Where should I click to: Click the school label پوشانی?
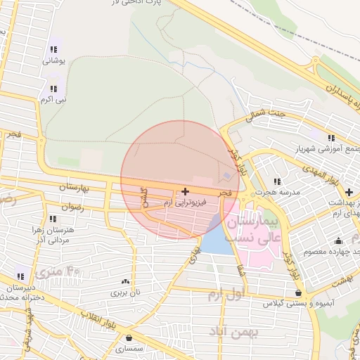click(55, 61)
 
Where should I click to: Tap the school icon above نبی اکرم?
click(53, 89)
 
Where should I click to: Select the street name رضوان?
click(72, 207)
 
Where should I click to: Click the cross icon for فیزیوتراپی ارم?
click(185, 191)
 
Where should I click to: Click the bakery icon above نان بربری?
click(126, 281)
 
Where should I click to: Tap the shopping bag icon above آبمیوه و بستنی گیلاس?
click(299, 293)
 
